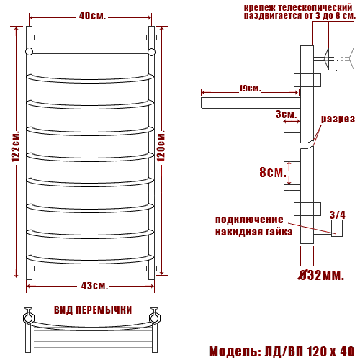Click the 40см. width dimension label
92,16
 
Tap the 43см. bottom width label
94,286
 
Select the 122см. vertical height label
16,146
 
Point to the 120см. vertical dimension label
161,145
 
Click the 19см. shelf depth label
250,89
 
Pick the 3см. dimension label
286,114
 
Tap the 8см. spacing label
273,172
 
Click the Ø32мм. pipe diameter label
321,275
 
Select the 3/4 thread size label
338,215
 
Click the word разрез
338,119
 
